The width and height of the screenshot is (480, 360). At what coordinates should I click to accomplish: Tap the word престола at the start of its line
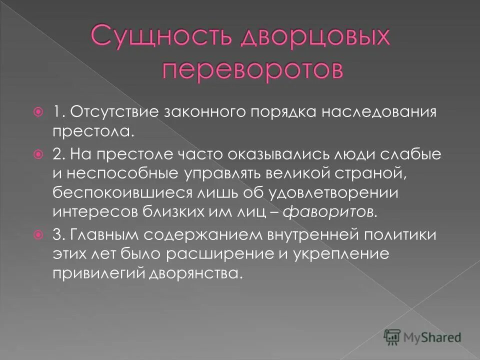click(92, 132)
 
